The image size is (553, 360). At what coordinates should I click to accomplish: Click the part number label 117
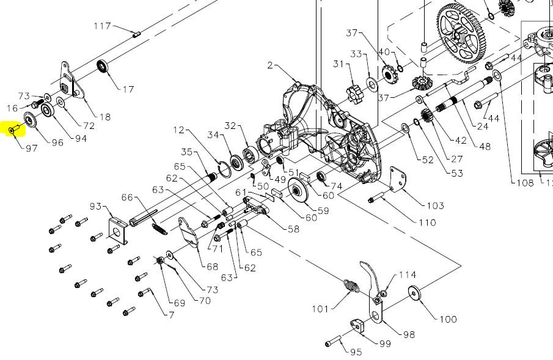coord(102,26)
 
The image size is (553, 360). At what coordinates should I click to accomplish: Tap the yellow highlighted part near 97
coord(15,130)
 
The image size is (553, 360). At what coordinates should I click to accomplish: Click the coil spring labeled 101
coord(351,286)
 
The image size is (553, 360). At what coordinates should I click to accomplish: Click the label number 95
coord(356,352)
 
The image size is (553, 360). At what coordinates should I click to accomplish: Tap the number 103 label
coord(435,205)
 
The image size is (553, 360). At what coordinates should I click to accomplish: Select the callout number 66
coord(127,197)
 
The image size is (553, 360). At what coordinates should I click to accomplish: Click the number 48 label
coord(485,147)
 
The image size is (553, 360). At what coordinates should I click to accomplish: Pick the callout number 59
coord(322,211)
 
